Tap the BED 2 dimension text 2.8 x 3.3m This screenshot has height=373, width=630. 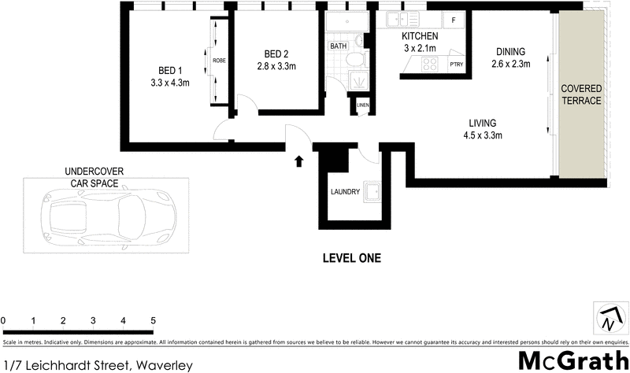[275, 66]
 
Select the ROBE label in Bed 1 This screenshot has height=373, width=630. [219, 59]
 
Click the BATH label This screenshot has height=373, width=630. [339, 46]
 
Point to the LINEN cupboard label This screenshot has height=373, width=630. [362, 105]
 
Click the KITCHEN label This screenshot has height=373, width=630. [420, 37]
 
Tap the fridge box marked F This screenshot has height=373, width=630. [454, 21]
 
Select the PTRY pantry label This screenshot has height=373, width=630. [456, 65]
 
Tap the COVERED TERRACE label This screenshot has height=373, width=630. [581, 94]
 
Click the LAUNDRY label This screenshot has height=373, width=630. [346, 192]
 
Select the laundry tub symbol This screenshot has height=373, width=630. [371, 191]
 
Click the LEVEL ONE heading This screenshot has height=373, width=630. [352, 258]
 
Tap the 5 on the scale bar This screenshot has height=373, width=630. [154, 320]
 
